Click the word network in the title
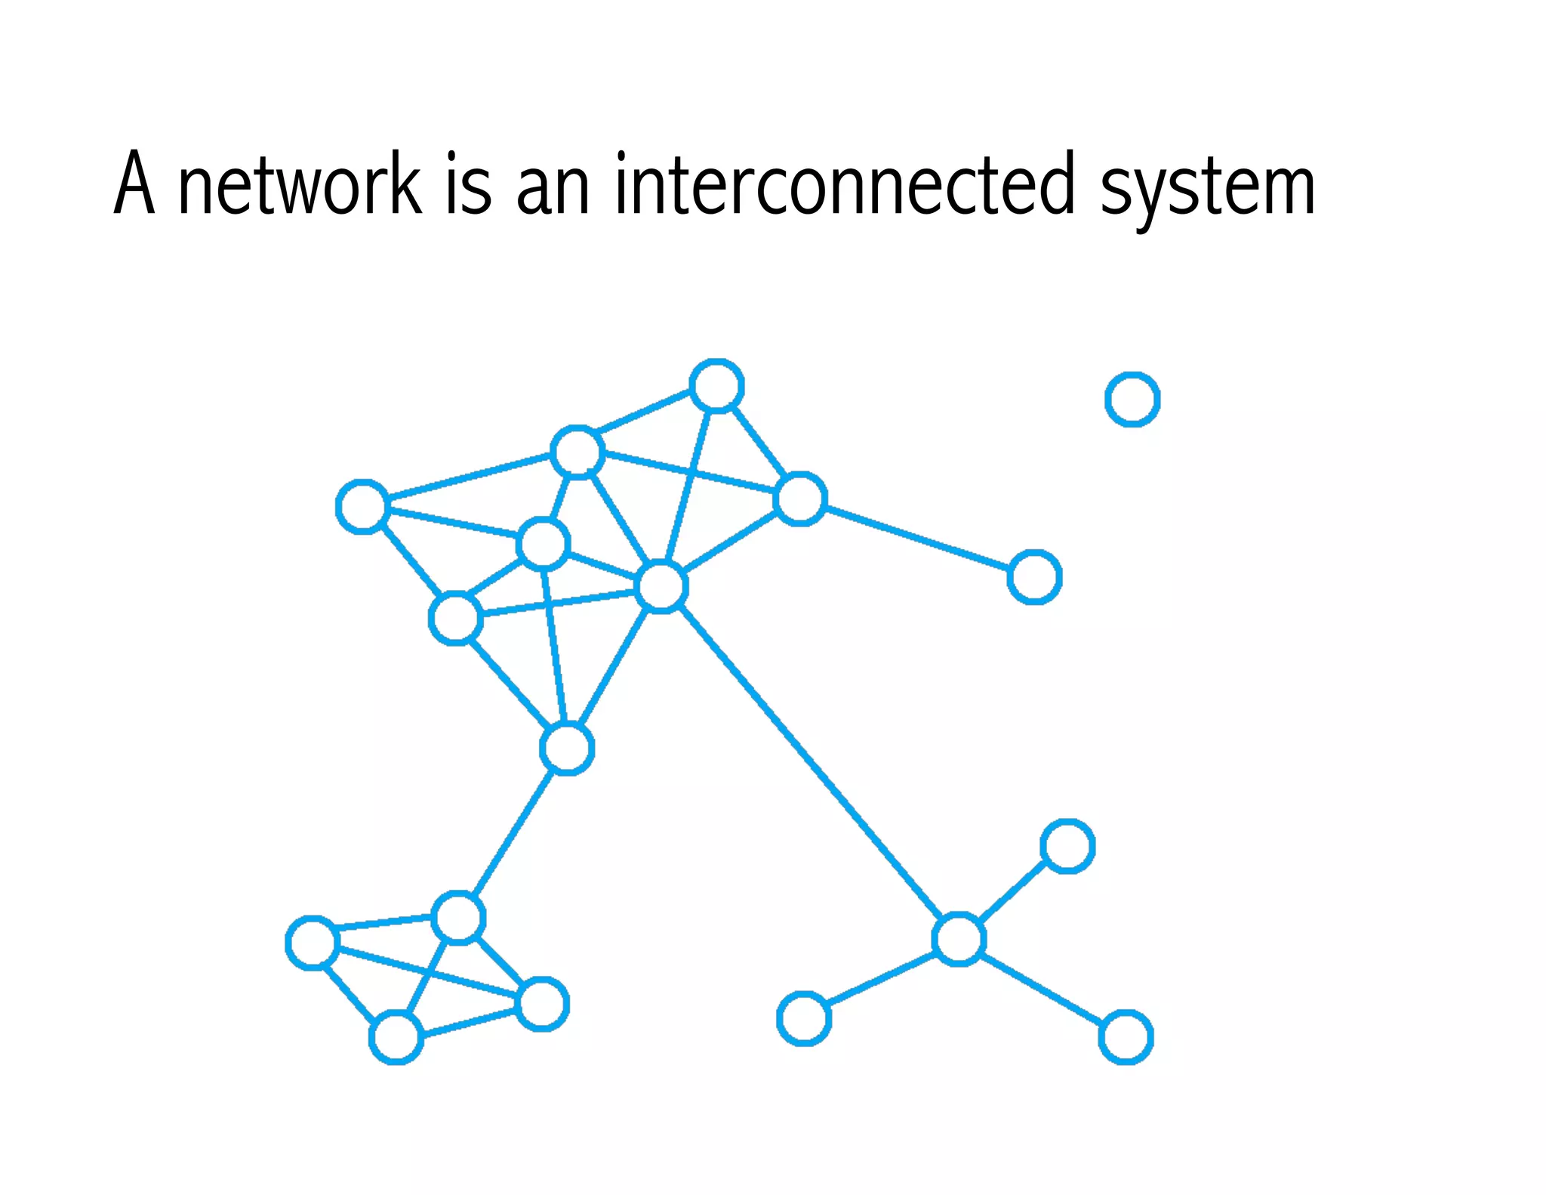299,185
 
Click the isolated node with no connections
1132,399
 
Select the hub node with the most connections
661,587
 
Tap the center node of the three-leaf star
959,939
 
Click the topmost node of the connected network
716,386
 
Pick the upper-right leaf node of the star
1067,846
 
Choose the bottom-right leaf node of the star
1126,1037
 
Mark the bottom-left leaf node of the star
804,1018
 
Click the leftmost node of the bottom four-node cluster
312,942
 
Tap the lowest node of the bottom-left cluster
396,1038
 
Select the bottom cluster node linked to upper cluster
458,918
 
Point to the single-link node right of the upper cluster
1035,577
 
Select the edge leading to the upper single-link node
917,538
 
